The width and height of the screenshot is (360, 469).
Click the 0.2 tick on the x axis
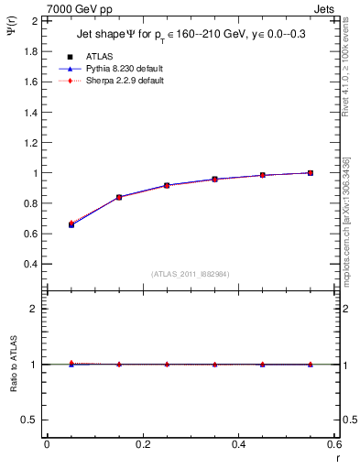142,444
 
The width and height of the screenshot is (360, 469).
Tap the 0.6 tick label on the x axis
334,444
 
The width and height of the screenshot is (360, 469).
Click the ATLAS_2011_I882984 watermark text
191,274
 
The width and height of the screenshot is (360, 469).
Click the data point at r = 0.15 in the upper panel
118,197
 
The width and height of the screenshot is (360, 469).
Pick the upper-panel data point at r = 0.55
311,172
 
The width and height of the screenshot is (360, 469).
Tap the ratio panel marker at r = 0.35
214,364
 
